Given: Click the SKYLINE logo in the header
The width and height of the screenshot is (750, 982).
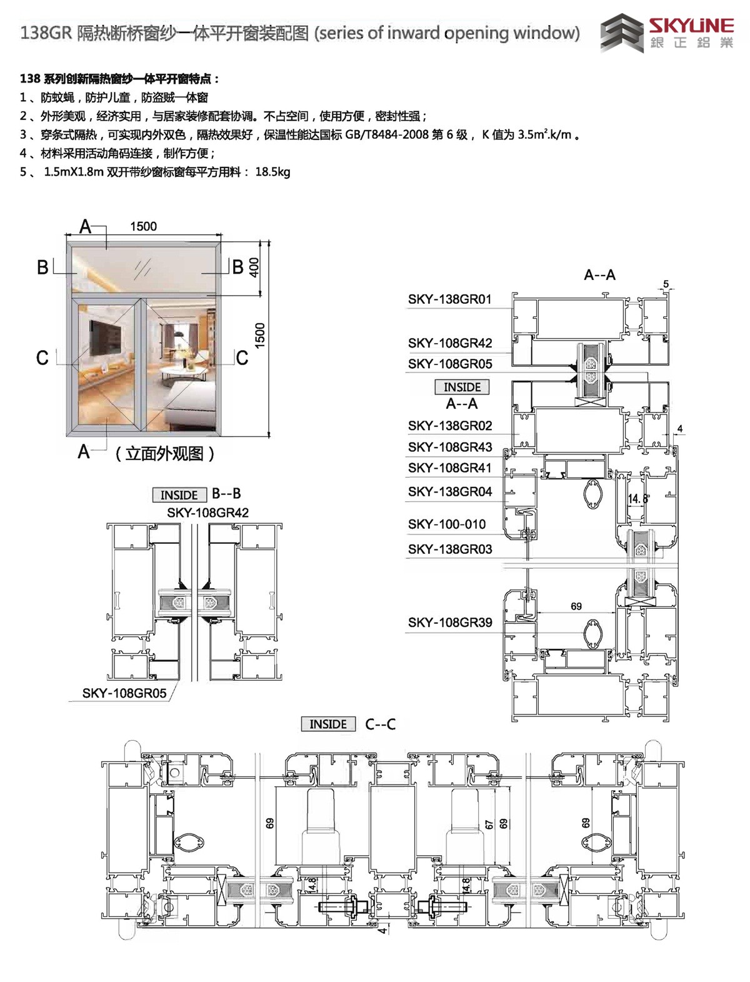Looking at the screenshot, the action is point(667,34).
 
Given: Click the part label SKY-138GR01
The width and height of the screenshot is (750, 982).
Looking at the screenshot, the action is point(449,299).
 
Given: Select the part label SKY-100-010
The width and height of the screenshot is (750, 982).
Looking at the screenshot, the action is point(446,524).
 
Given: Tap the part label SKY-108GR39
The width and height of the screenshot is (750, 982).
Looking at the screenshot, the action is point(449,622).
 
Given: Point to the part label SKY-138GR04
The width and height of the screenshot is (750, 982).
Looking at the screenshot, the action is point(449,491).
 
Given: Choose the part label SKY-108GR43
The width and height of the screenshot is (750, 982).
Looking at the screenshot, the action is point(449,446).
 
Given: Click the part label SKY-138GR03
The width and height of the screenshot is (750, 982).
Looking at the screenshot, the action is point(449,549).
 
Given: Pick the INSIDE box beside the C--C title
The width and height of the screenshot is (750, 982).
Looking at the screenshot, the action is point(328,724).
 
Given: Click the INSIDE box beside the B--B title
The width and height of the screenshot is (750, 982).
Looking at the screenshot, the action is point(179,495).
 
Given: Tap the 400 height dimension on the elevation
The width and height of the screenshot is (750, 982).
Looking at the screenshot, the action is point(254,267).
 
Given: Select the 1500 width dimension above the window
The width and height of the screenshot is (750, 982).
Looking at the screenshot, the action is point(143,226).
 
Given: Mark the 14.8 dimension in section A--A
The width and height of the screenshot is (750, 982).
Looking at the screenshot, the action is point(637,499).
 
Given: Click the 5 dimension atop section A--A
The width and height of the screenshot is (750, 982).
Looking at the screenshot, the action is point(666,284).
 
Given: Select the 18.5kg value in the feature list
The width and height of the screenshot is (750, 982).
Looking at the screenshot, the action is point(272,172).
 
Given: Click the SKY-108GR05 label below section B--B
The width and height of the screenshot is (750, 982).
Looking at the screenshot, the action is point(124,693).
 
